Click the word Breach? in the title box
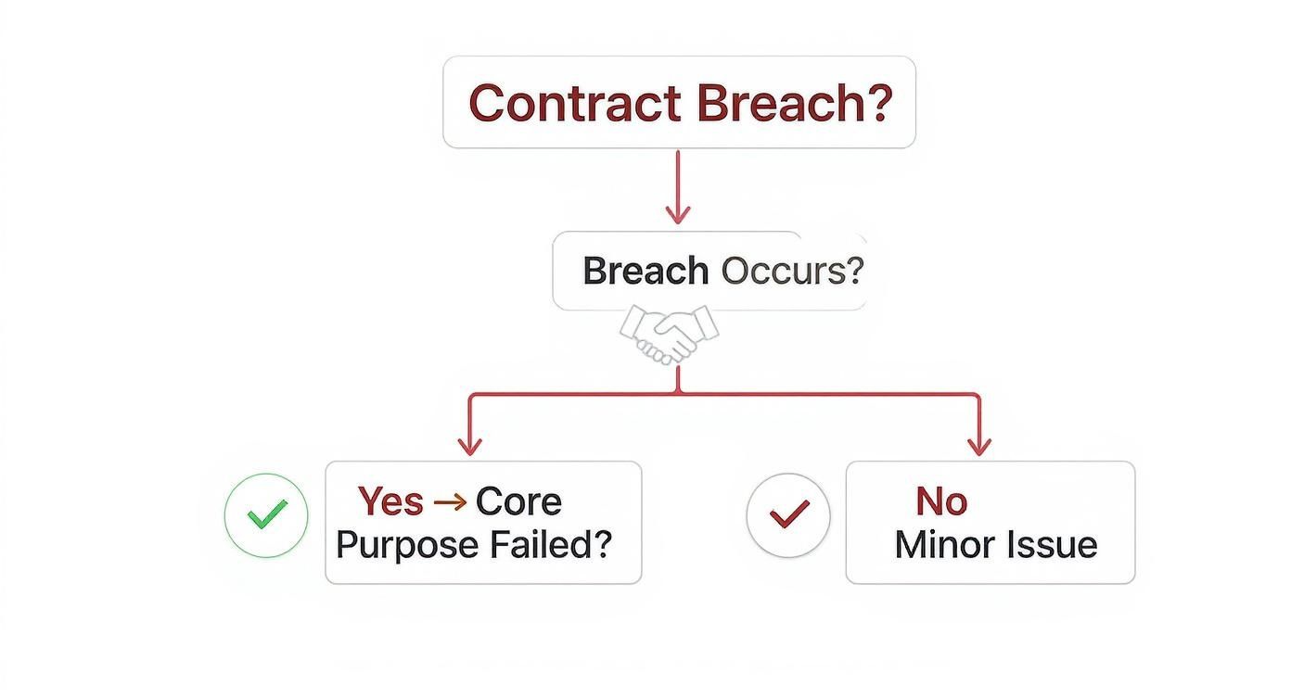(x=794, y=103)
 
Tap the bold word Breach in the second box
(x=645, y=271)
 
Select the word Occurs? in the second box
(x=792, y=271)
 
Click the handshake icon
(x=669, y=333)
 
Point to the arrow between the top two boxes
(x=678, y=185)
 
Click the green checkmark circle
(x=266, y=514)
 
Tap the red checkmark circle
(x=788, y=514)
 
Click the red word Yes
(x=390, y=501)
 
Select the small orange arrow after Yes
(x=450, y=501)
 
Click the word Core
(x=518, y=501)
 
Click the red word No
(x=941, y=501)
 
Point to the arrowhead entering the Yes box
(x=470, y=446)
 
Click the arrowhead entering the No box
(x=979, y=446)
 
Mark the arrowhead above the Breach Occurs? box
(x=678, y=215)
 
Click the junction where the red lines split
(x=678, y=395)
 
